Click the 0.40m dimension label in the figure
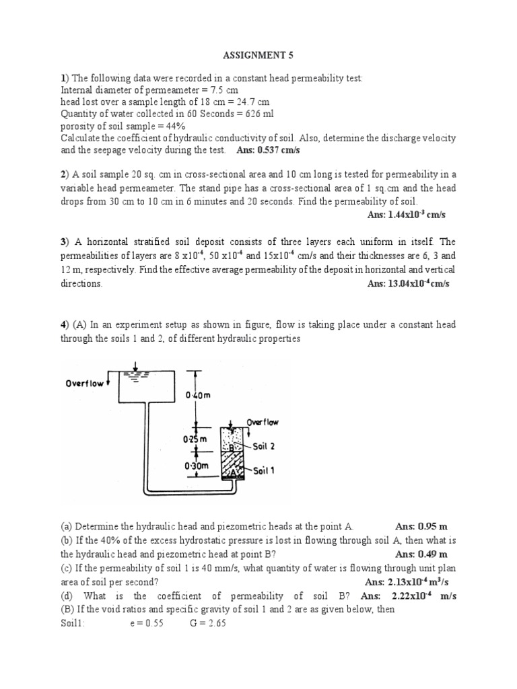(198, 395)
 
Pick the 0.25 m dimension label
(195, 439)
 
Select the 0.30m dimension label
(195, 465)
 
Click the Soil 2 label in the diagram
(263, 446)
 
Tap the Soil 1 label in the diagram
(263, 470)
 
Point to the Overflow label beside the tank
(85, 384)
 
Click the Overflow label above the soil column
(262, 423)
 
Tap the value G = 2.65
(208, 623)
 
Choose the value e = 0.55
(147, 623)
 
